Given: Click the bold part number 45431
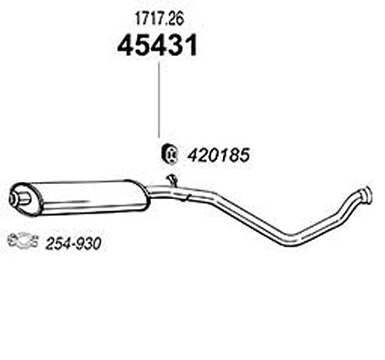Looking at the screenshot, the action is click(x=157, y=45).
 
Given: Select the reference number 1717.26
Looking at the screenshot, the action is click(x=159, y=19).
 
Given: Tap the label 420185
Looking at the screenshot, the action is click(x=219, y=155).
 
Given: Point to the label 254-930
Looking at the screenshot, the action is click(x=73, y=244).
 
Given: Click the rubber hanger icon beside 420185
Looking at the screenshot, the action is click(x=169, y=154).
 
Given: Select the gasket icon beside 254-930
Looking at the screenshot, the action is click(x=22, y=241).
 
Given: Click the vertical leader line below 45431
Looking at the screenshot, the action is click(x=159, y=99).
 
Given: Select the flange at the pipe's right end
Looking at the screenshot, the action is click(x=366, y=194).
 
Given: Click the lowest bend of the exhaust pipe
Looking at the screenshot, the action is click(x=293, y=240).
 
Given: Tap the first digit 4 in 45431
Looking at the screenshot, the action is click(x=126, y=46).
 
